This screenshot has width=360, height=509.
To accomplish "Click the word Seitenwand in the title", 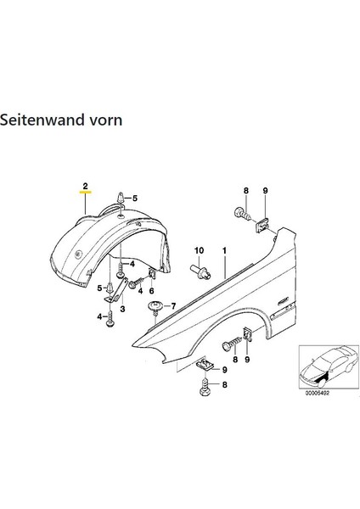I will (42, 120).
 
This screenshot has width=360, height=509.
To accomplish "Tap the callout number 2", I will (85, 184).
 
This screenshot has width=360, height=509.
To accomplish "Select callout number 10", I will (200, 251).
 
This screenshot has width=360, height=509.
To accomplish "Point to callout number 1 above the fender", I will (225, 251).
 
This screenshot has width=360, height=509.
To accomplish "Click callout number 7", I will (174, 305).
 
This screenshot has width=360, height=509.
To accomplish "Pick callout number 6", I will (152, 290).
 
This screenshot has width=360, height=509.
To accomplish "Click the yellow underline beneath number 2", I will (85, 193).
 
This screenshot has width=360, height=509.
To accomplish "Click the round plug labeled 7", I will (156, 305).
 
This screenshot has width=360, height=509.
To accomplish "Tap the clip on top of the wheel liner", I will (122, 201).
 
